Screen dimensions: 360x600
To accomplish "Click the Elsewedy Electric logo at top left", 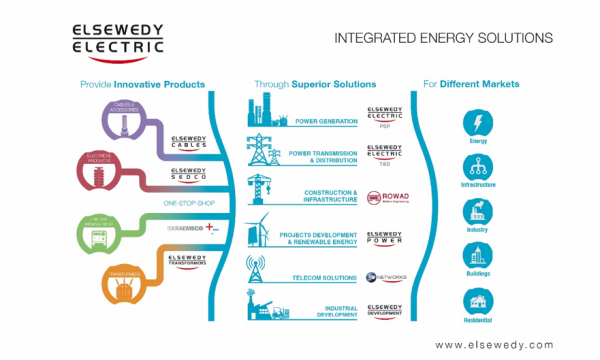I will [x=115, y=39].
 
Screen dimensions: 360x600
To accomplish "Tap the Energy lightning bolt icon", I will [x=477, y=125].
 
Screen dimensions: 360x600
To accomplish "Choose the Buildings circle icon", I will [x=477, y=257].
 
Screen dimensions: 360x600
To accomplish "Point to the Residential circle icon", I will [x=477, y=301].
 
